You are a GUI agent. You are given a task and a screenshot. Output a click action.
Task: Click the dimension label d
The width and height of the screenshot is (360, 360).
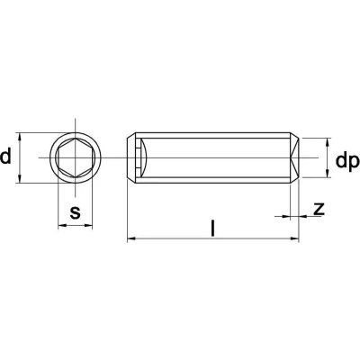pos(5,157)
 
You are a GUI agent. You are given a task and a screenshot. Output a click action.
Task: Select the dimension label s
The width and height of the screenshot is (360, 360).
pos(75,212)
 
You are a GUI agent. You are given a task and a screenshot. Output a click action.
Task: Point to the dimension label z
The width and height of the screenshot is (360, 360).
pos(319,209)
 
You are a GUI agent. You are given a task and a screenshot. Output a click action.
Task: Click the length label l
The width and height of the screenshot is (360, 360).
pos(212,228)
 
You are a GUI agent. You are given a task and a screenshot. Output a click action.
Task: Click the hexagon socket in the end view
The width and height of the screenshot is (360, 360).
pos(76,157)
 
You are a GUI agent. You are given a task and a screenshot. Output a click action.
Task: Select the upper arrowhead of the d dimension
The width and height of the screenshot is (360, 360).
pos(20,137)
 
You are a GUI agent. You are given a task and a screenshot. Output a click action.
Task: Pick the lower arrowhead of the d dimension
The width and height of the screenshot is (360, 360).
pos(20,179)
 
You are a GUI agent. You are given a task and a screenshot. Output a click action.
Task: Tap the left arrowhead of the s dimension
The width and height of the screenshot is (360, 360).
pos(61,225)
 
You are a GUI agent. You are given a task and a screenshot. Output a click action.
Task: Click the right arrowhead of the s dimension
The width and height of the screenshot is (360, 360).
pos(88,225)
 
